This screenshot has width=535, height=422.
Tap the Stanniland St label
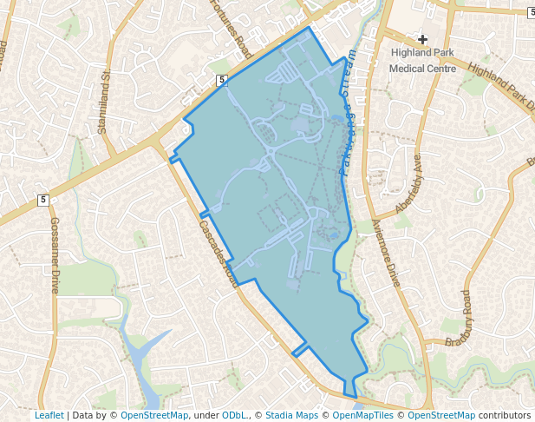click(x=106, y=102)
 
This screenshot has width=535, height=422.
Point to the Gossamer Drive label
click(x=54, y=256)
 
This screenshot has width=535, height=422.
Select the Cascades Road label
click(x=218, y=253)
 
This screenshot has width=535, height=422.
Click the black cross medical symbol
click(x=422, y=38)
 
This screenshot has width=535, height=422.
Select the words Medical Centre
click(x=422, y=68)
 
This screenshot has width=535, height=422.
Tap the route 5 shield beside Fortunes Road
click(x=222, y=80)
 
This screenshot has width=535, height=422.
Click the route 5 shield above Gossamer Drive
click(x=42, y=201)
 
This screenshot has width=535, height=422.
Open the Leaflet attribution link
click(x=49, y=415)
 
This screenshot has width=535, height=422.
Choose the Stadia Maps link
click(x=291, y=415)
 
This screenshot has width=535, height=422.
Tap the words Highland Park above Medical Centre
click(x=422, y=53)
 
